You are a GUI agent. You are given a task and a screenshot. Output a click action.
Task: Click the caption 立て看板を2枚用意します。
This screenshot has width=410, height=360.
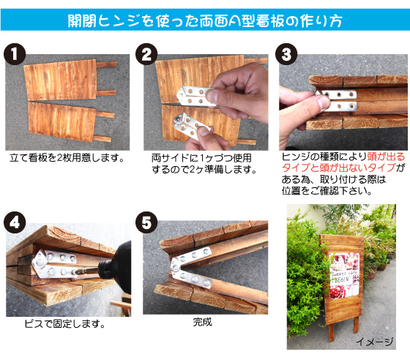coord(67,157)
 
